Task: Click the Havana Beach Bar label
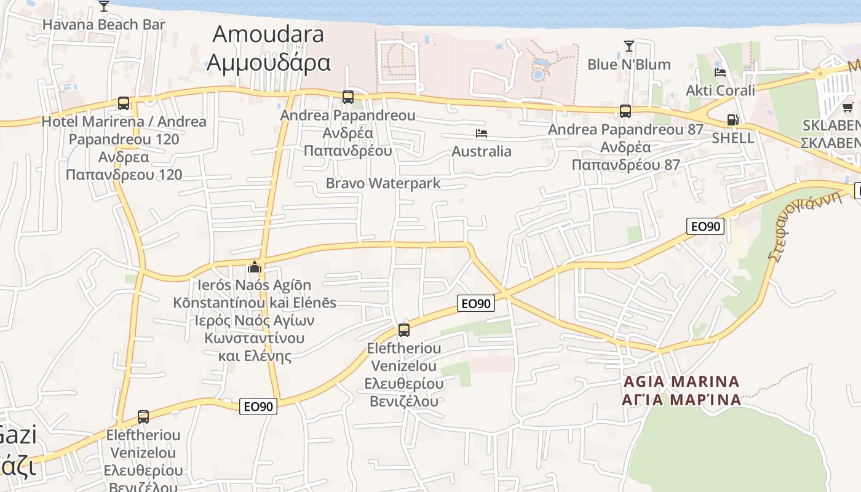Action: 103,25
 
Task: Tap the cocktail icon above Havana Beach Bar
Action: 103,7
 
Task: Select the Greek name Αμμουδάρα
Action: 269,62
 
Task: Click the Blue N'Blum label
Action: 629,64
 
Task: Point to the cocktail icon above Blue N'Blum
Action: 629,46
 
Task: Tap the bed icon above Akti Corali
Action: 720,73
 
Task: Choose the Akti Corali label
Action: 720,90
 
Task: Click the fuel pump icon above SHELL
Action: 732,120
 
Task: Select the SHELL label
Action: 732,138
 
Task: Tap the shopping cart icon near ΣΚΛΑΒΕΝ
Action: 847,108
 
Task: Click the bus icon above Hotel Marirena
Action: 124,103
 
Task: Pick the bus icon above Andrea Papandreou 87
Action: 625,111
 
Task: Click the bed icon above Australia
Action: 481,133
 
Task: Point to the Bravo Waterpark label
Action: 383,183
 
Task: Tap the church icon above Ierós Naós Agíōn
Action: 254,268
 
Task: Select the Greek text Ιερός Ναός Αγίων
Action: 255,320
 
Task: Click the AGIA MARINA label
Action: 681,381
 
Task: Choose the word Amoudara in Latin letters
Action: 268,34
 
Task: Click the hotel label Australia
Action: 482,151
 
